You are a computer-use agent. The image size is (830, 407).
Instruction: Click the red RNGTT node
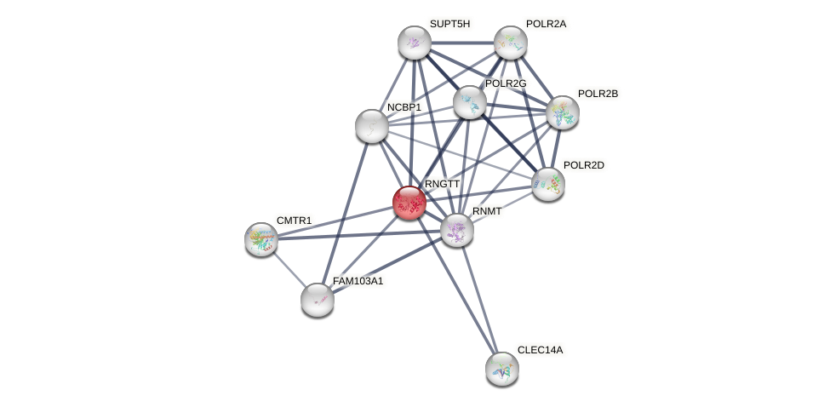pyautogui.click(x=409, y=203)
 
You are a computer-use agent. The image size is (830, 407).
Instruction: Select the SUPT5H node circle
pyautogui.click(x=415, y=43)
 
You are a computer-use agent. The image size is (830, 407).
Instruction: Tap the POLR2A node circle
pyautogui.click(x=511, y=42)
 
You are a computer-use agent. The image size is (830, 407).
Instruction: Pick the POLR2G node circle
pyautogui.click(x=469, y=102)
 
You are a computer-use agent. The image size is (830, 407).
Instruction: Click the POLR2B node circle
pyautogui.click(x=563, y=112)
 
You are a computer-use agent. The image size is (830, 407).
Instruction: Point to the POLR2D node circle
pyautogui.click(x=547, y=183)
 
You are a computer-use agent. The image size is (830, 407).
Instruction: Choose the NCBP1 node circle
pyautogui.click(x=371, y=126)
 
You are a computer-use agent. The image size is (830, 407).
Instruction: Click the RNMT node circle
pyautogui.click(x=457, y=229)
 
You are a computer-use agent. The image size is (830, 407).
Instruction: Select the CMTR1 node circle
pyautogui.click(x=261, y=239)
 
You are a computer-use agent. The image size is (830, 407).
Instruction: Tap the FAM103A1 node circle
pyautogui.click(x=318, y=299)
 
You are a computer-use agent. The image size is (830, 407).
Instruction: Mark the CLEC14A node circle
pyautogui.click(x=502, y=368)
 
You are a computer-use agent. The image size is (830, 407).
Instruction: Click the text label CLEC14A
pyautogui.click(x=540, y=350)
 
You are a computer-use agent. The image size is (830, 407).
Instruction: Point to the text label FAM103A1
pyautogui.click(x=358, y=281)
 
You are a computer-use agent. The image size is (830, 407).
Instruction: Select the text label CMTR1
pyautogui.click(x=295, y=221)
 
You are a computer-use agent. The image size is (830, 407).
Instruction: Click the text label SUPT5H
pyautogui.click(x=449, y=24)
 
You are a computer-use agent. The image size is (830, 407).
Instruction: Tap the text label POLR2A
pyautogui.click(x=546, y=24)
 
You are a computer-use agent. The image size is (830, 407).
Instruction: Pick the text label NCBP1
pyautogui.click(x=404, y=107)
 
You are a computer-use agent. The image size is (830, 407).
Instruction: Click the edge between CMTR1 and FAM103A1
pyautogui.click(x=289, y=268)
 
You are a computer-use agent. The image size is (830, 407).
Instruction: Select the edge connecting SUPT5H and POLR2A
pyautogui.click(x=462, y=43)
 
